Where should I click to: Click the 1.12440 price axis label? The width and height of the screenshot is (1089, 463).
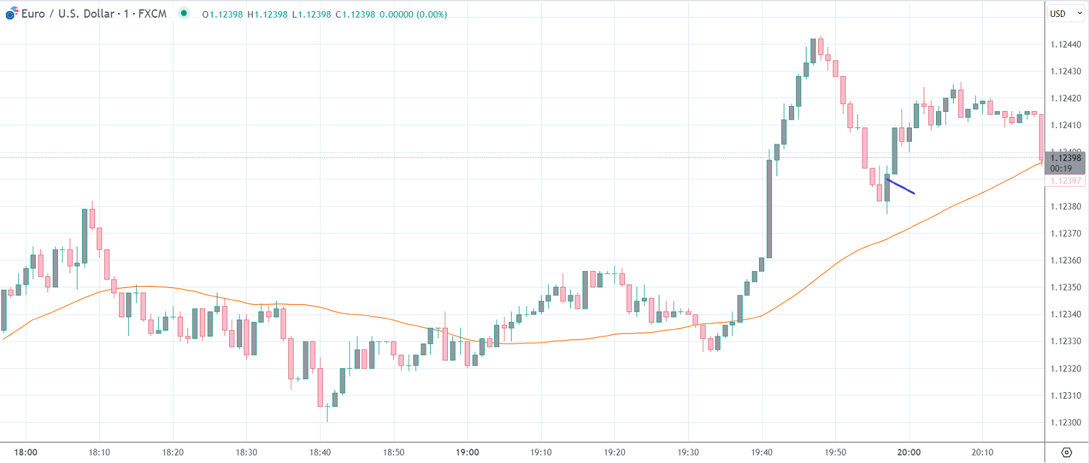point(1066,45)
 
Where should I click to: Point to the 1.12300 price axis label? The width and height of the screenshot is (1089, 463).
point(1066,423)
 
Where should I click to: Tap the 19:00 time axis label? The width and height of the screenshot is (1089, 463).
point(467,453)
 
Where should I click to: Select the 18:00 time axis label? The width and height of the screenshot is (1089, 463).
point(26,453)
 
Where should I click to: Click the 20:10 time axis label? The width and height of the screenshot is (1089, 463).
point(982,453)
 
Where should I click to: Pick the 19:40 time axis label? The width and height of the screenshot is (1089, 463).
point(762,453)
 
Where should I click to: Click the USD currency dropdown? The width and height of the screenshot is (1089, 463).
point(1066,14)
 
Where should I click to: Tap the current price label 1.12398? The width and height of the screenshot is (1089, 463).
point(1066,158)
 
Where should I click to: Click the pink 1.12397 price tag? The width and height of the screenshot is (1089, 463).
point(1066,181)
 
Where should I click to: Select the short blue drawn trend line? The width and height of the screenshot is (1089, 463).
point(901,187)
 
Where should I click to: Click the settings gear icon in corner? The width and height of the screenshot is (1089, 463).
point(1066,453)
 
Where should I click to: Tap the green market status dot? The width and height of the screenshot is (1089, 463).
point(184,13)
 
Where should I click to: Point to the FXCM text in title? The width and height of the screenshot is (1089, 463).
point(152,14)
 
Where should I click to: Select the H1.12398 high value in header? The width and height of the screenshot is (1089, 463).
point(267,14)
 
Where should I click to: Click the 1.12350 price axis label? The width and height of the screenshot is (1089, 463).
point(1066,287)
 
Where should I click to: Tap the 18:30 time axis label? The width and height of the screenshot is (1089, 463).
point(247,453)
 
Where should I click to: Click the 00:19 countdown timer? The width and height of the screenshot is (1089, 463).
point(1061,168)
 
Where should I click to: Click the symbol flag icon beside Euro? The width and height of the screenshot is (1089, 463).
point(11,13)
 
